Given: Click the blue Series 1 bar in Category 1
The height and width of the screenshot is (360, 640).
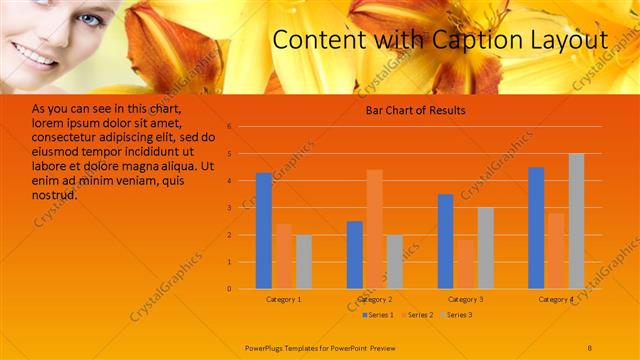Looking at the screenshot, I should pos(264,231).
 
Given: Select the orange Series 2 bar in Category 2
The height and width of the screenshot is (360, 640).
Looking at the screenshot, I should pos(374,229).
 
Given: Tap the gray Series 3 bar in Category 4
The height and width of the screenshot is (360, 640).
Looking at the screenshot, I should pos(576,221).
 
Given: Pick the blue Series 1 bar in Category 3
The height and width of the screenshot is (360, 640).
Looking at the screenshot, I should pos(446,241).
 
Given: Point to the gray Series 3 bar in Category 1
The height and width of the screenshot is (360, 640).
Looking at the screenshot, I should pos(303,261).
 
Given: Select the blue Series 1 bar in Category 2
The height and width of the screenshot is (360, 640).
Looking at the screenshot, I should pos(355,254).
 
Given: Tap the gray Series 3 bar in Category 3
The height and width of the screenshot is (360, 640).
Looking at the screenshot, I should pos(485,248).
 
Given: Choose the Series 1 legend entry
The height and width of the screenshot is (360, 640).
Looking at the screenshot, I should pos(377,315).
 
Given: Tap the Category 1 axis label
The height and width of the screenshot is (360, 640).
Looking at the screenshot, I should pos(283,299).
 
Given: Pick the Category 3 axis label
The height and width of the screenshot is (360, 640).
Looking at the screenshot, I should pos(465,299).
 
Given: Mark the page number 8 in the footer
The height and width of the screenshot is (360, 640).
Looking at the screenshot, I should pos(590,347).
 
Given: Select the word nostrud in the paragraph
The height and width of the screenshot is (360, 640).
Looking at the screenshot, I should pos(55,195).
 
